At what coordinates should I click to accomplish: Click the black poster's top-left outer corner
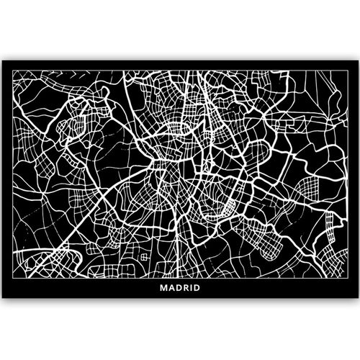(2, 63)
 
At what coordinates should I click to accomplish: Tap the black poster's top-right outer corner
(358, 63)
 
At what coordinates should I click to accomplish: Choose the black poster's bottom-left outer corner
(2, 299)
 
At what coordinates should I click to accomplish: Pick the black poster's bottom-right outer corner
(358, 299)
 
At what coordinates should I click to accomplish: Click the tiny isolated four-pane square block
(144, 257)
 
